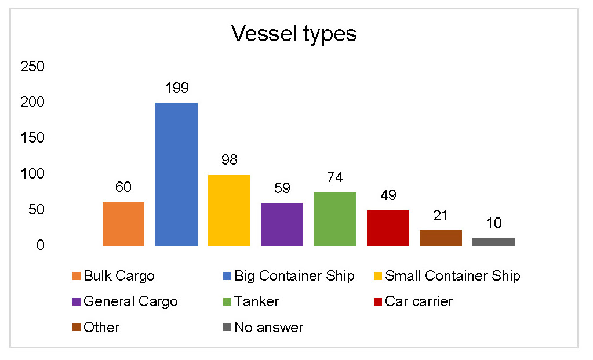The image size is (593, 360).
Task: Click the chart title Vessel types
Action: click(294, 34)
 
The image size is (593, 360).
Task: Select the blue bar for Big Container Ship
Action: click(176, 174)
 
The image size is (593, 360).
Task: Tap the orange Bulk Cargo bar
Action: click(123, 224)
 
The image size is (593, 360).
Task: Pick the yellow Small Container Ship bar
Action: click(229, 210)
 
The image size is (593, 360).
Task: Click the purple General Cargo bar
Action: click(282, 224)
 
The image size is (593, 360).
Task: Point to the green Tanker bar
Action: click(335, 219)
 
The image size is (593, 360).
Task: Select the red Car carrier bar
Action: click(388, 227)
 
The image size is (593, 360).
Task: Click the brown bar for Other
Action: click(441, 238)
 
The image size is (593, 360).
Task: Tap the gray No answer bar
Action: click(493, 242)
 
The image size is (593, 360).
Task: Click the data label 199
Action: click(176, 88)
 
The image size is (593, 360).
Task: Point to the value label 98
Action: click(229, 160)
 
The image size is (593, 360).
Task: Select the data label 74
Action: click(335, 177)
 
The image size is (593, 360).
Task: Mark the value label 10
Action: click(493, 223)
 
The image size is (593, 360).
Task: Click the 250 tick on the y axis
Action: click(32, 67)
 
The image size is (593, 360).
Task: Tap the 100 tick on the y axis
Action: click(32, 174)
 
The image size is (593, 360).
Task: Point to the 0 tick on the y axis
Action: click(41, 245)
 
